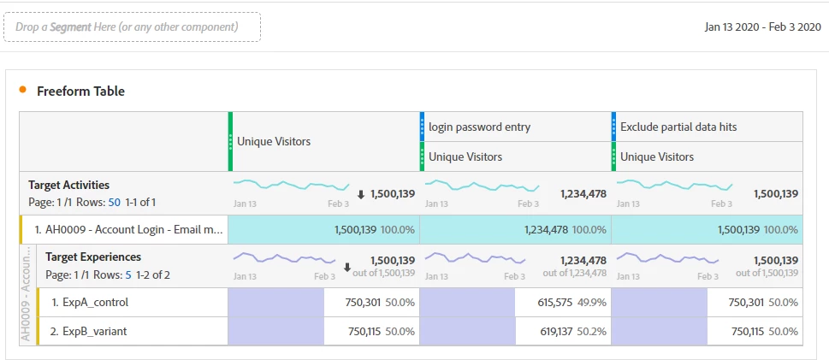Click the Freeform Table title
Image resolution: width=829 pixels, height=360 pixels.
click(80, 91)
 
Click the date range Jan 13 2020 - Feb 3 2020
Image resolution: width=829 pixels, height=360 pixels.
click(762, 27)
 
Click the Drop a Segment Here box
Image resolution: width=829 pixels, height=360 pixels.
click(133, 27)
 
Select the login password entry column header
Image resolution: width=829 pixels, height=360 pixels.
click(479, 127)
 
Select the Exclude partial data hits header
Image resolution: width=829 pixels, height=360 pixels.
click(678, 127)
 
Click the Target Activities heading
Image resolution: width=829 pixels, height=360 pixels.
click(68, 185)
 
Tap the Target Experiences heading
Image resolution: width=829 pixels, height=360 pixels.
click(93, 257)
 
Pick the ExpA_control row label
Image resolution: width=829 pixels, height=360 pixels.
click(90, 302)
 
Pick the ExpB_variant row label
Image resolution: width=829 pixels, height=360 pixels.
click(88, 331)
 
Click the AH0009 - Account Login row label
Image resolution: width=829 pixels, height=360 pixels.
click(128, 229)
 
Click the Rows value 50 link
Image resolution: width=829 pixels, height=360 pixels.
click(114, 202)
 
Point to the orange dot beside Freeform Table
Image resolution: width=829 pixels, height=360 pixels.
click(22, 90)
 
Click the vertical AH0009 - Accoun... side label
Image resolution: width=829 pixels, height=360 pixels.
click(26, 295)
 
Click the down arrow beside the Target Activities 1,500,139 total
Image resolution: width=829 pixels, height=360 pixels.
click(360, 194)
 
